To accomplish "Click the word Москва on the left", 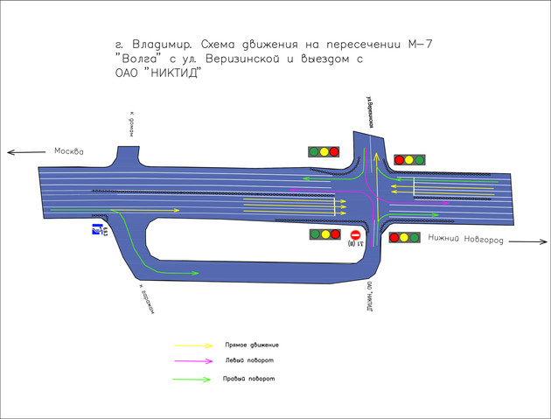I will pyautogui.click(x=68, y=151).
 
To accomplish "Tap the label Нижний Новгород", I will pyautogui.click(x=464, y=240).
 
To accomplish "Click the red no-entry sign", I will pyautogui.click(x=356, y=235).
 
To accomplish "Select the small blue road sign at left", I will pyautogui.click(x=100, y=230).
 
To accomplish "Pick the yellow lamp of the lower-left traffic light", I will pyautogui.click(x=324, y=234).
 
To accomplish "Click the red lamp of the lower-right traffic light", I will pyautogui.click(x=393, y=237).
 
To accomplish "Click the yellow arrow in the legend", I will pyautogui.click(x=193, y=346).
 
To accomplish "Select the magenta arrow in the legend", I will pyautogui.click(x=193, y=360).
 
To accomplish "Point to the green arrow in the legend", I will pyautogui.click(x=193, y=379).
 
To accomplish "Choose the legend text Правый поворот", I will pyautogui.click(x=249, y=379).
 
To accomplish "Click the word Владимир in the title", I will pyautogui.click(x=162, y=44).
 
